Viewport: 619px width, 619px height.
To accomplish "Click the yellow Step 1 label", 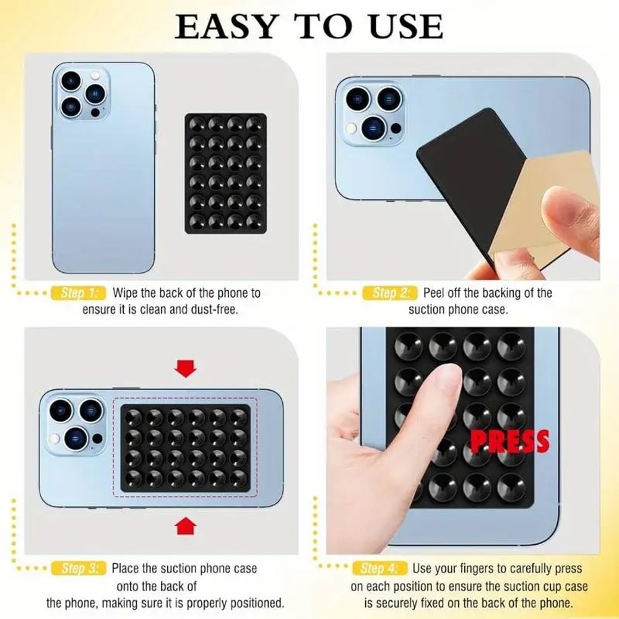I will click(x=80, y=293).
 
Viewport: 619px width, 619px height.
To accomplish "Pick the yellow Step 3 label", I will click(x=80, y=568).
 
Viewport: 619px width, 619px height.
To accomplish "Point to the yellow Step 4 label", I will click(x=380, y=568).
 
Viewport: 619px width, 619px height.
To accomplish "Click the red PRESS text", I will click(x=509, y=441).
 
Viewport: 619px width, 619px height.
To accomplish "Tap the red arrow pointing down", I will click(x=185, y=370).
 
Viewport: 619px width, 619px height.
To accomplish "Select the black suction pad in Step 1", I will click(x=225, y=173).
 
